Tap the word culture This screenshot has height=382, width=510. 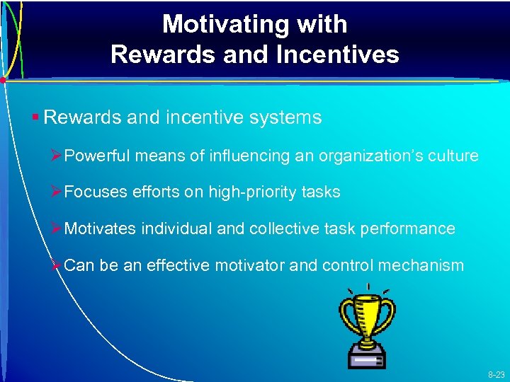(x=453, y=156)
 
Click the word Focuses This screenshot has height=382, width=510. (x=94, y=192)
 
